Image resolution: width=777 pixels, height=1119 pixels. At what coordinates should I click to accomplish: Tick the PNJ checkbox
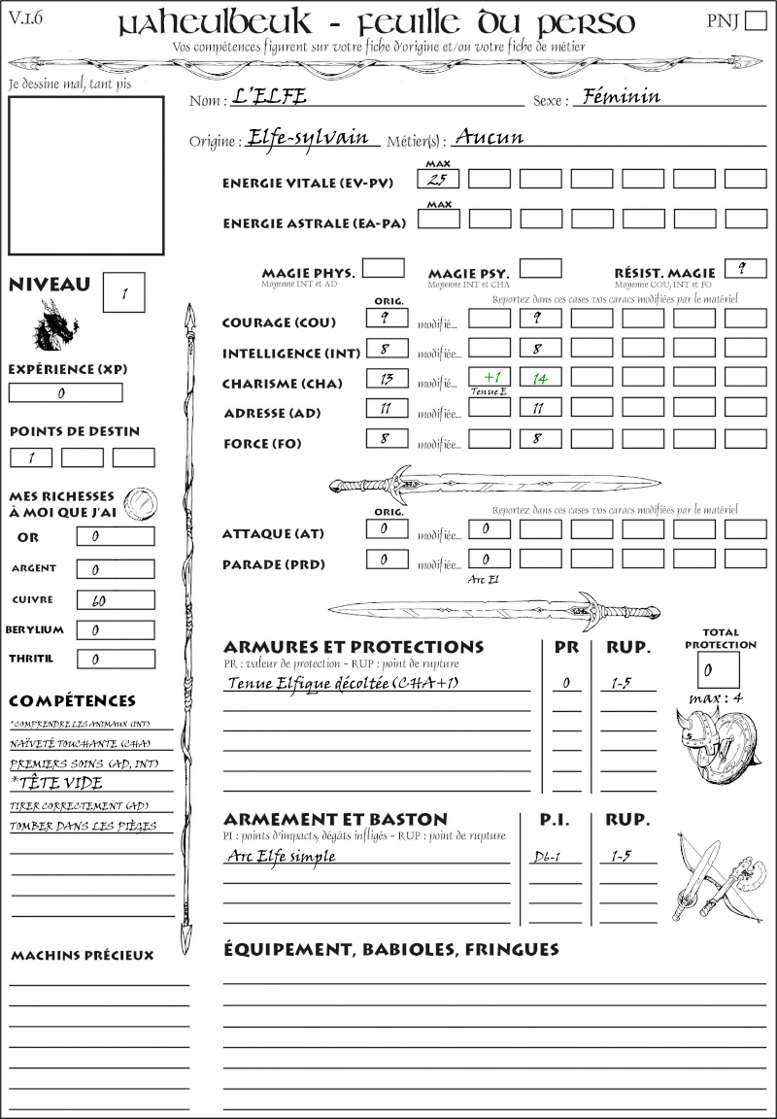click(754, 22)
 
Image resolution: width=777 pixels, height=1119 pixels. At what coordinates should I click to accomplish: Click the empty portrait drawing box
click(85, 175)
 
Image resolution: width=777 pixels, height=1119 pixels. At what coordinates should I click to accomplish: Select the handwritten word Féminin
click(617, 97)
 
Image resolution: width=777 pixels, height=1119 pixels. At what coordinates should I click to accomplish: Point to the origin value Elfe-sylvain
click(312, 138)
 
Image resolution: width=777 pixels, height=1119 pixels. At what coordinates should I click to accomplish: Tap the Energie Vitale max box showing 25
click(438, 179)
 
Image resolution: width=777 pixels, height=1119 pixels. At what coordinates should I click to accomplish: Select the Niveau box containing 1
click(124, 292)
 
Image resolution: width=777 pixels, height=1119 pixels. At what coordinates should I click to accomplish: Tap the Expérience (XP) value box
click(65, 393)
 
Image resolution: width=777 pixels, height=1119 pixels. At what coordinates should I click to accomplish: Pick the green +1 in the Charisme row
click(489, 378)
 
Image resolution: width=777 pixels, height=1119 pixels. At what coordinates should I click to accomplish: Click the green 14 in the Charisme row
click(540, 378)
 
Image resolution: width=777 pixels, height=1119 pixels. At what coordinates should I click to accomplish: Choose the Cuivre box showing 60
click(115, 600)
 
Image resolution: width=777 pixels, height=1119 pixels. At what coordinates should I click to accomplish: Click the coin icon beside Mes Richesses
click(140, 502)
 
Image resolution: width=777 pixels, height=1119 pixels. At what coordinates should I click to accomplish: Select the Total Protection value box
click(718, 669)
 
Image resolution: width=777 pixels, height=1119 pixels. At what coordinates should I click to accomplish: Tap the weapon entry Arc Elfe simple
click(282, 857)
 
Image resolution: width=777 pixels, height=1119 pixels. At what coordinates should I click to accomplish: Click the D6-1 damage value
click(546, 858)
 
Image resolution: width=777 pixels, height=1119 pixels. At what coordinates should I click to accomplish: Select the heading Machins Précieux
click(83, 956)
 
